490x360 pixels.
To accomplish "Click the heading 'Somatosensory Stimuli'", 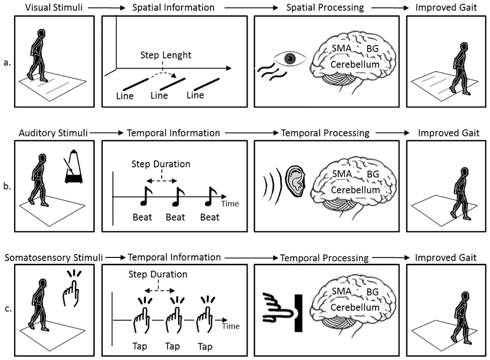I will pos(53,257).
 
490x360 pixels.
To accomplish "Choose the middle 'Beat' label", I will pos(175,217).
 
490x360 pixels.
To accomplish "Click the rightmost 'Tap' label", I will pos(205,346).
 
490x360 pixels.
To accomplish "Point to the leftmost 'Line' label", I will pos(125,96).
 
